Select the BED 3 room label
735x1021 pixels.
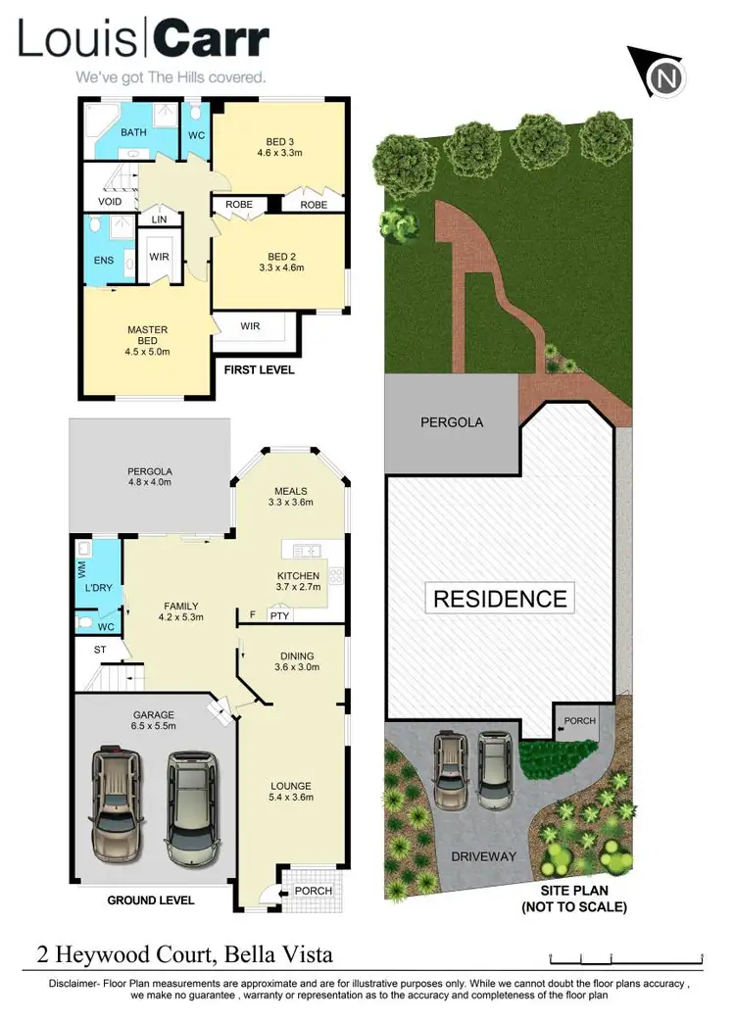click(x=279, y=139)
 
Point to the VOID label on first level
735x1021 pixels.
click(x=110, y=201)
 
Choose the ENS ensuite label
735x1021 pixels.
click(x=103, y=261)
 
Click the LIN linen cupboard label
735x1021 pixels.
click(x=157, y=220)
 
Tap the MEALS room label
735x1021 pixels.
click(x=291, y=491)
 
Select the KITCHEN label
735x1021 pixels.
click(x=299, y=575)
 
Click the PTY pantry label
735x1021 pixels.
click(x=279, y=616)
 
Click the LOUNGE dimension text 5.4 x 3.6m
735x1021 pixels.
click(x=291, y=800)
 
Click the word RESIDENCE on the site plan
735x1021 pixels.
click(x=500, y=598)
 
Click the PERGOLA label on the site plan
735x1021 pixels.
click(x=452, y=422)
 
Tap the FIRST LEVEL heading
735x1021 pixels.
click(x=259, y=370)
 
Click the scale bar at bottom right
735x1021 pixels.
click(x=627, y=957)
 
